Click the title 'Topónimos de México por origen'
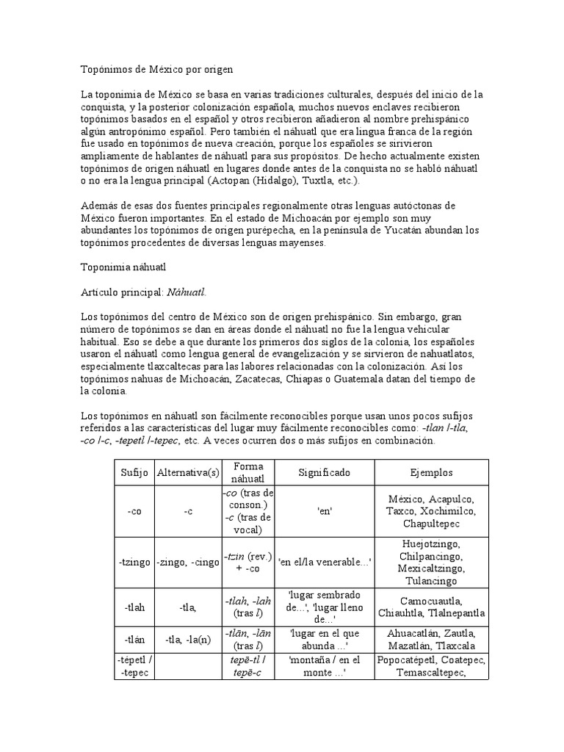click(156, 70)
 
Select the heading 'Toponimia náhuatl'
click(124, 269)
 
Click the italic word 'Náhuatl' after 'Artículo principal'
click(187, 292)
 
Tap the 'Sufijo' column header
click(134, 473)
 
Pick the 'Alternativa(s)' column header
click(187, 473)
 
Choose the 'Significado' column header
click(324, 473)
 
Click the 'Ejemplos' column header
click(431, 473)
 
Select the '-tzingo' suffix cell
click(134, 562)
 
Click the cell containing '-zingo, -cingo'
click(187, 562)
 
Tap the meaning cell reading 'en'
click(324, 511)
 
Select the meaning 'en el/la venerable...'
click(324, 562)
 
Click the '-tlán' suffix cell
click(134, 639)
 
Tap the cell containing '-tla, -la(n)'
click(187, 639)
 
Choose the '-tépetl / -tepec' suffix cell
click(134, 666)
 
